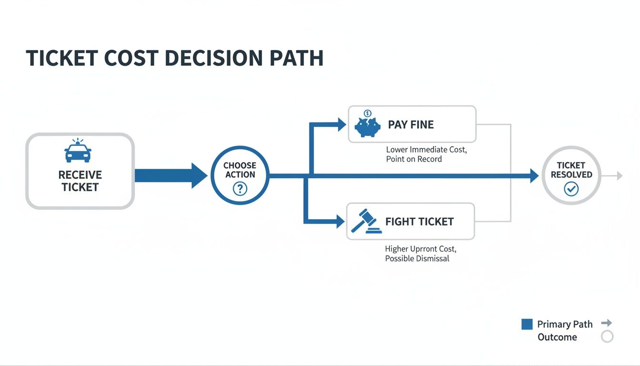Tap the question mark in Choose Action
pyautogui.click(x=240, y=189)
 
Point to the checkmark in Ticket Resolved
pyautogui.click(x=570, y=189)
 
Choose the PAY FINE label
pyautogui.click(x=410, y=125)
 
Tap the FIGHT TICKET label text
pyautogui.click(x=419, y=222)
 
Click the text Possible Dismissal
pyautogui.click(x=417, y=259)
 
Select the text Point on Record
pyautogui.click(x=414, y=159)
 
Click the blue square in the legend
pyautogui.click(x=527, y=325)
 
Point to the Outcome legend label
pyautogui.click(x=557, y=337)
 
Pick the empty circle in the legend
pyautogui.click(x=607, y=337)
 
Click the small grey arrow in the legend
pyautogui.click(x=607, y=323)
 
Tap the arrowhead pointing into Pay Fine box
pyautogui.click(x=341, y=125)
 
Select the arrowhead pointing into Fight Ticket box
pyautogui.click(x=340, y=221)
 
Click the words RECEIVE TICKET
pyautogui.click(x=80, y=181)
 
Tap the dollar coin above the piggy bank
pyautogui.click(x=367, y=113)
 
